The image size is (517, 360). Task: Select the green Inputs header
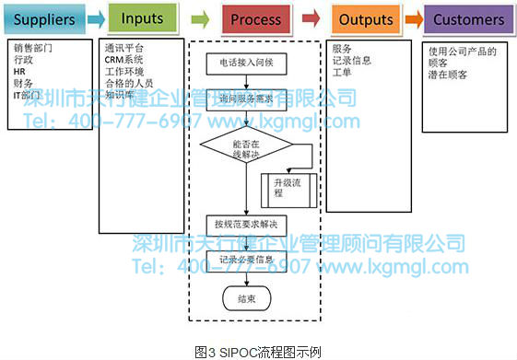(142, 18)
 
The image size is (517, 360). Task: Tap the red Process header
(256, 18)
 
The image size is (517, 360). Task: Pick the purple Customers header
(468, 18)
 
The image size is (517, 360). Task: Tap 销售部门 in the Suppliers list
(33, 47)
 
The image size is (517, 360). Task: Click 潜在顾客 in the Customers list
(448, 75)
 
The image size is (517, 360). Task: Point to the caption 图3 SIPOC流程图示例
(258, 352)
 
